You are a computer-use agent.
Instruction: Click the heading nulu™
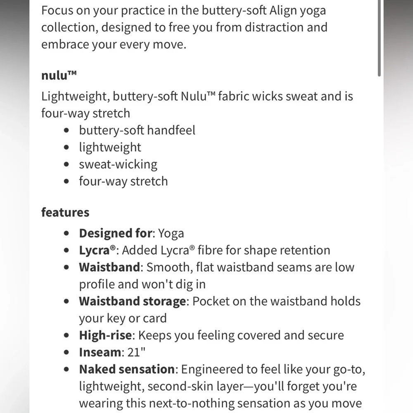click(59, 76)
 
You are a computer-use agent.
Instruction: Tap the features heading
click(65, 212)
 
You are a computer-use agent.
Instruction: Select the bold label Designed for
click(116, 233)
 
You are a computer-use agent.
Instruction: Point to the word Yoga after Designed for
click(171, 234)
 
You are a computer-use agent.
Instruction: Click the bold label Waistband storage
click(132, 301)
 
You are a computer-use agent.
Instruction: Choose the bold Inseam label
click(100, 352)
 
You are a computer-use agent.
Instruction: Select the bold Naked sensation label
click(127, 369)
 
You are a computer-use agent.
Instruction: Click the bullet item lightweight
click(110, 147)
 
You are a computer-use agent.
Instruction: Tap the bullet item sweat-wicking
click(118, 164)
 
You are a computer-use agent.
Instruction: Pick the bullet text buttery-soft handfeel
click(137, 130)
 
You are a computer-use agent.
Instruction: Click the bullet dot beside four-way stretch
click(67, 182)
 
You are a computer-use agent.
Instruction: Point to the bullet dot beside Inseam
click(67, 353)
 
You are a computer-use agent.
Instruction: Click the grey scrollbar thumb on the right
click(379, 37)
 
